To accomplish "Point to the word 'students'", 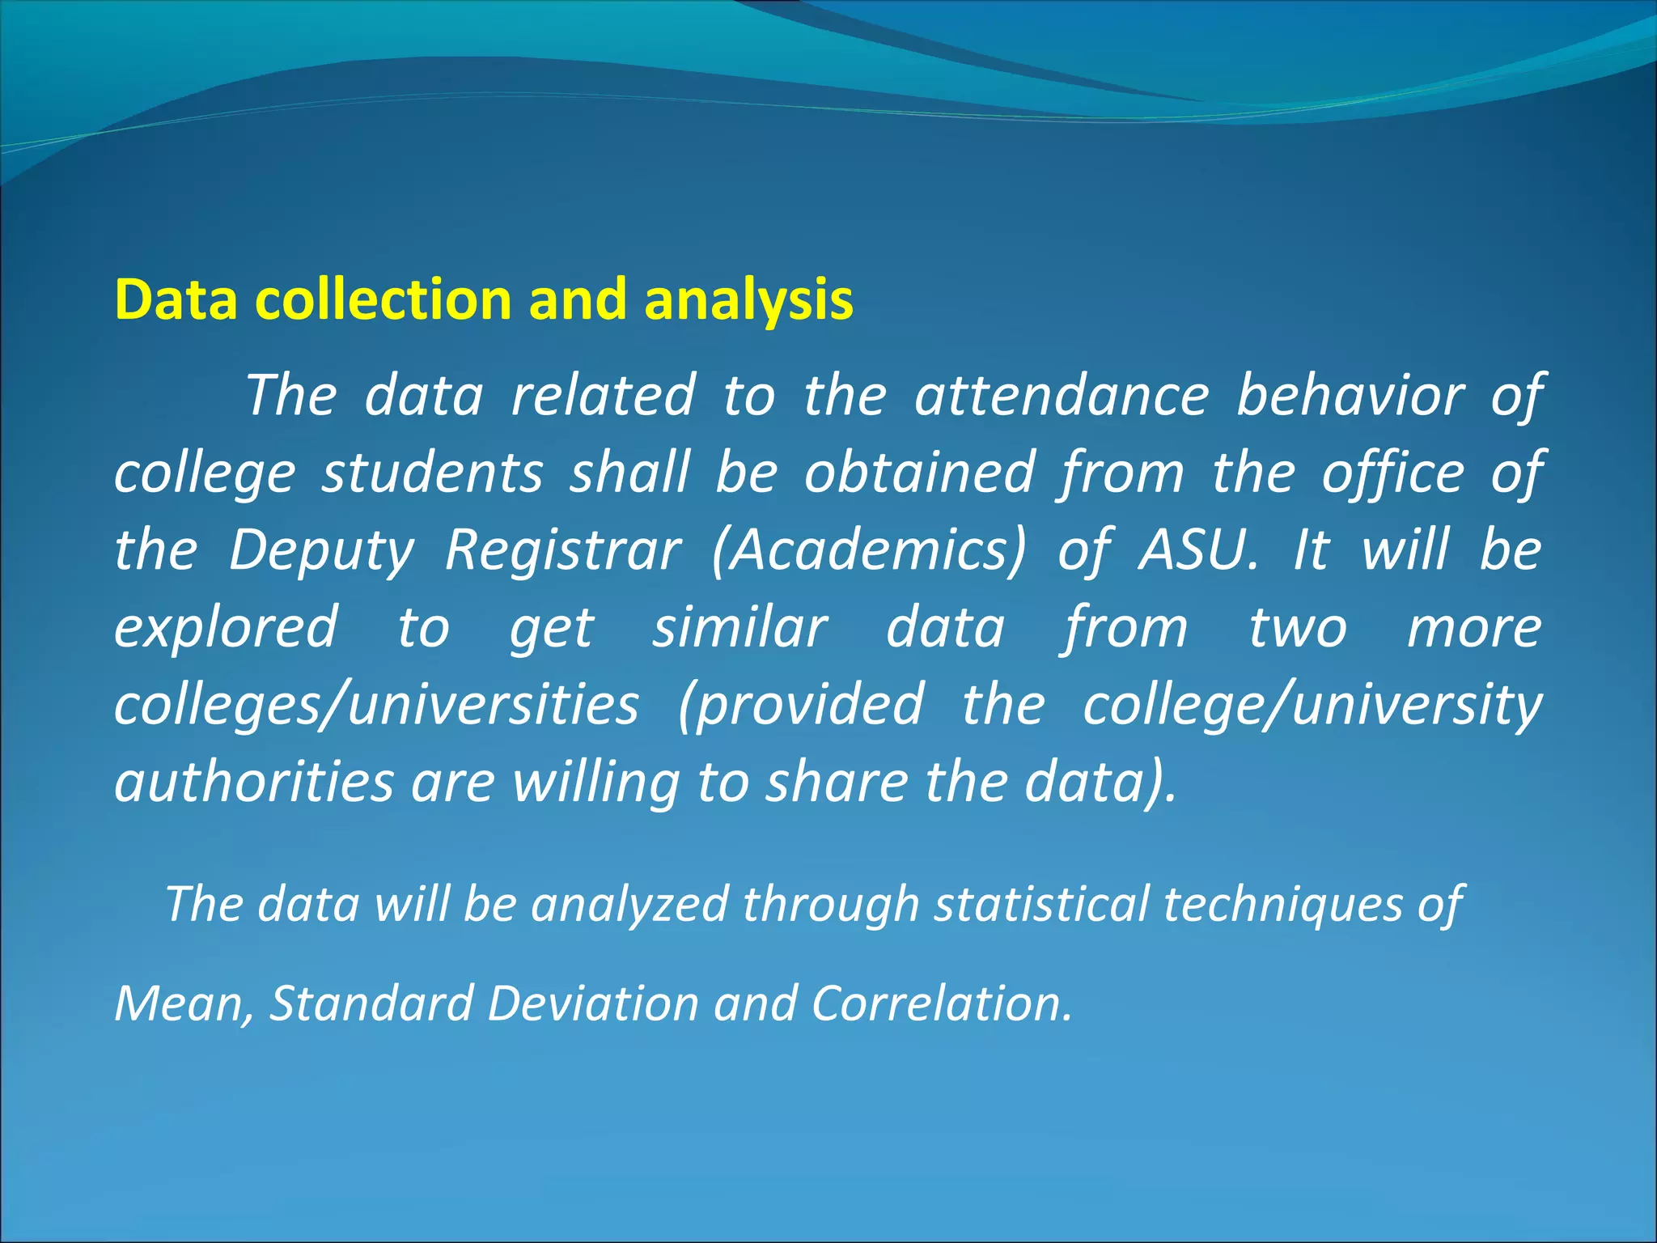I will point(433,473).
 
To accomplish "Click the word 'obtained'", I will point(919,473).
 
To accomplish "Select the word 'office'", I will point(1392,473).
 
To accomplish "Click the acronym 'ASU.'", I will point(1199,550).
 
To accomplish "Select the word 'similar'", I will point(740,628).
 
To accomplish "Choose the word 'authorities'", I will point(254,782).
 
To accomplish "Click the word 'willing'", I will point(596,783).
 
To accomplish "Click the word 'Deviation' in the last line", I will point(593,1003).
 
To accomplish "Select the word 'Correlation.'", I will point(942,1003).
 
